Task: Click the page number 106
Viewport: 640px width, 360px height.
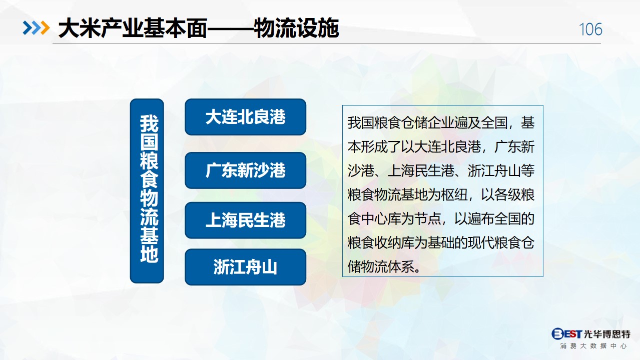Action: [x=590, y=29]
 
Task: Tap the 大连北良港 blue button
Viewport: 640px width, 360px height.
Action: [x=245, y=117]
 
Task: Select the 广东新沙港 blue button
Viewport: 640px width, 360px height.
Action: [x=245, y=170]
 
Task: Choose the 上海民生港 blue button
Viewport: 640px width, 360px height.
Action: [x=245, y=220]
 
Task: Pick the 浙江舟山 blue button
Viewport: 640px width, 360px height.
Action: [x=245, y=267]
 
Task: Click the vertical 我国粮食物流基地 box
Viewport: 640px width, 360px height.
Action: [x=147, y=191]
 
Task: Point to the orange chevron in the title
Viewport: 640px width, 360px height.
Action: [x=45, y=28]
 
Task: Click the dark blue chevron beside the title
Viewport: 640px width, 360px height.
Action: [x=28, y=28]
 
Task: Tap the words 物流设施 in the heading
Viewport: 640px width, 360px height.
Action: [x=296, y=28]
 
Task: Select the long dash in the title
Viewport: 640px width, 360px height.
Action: [x=230, y=28]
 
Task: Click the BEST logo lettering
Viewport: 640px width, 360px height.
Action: [x=566, y=333]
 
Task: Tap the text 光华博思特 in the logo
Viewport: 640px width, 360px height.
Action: [x=607, y=334]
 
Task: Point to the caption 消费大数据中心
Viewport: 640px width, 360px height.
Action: [x=593, y=346]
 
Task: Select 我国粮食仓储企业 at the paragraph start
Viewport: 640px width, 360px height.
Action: [x=401, y=123]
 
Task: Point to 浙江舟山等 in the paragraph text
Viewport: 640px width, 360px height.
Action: [x=501, y=171]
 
